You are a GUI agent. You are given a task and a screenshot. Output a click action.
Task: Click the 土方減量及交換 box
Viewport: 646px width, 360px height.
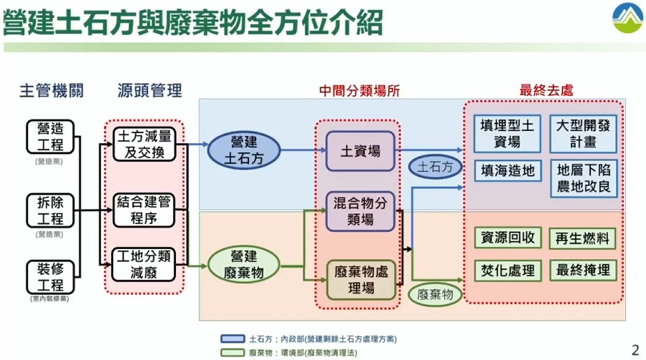pyautogui.click(x=145, y=144)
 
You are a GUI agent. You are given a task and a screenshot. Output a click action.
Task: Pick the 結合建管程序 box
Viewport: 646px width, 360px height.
pyautogui.click(x=145, y=210)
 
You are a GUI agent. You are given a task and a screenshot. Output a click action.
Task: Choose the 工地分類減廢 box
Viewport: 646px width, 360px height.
pyautogui.click(x=145, y=264)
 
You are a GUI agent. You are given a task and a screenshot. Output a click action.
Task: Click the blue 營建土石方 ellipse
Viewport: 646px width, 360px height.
pyautogui.click(x=243, y=150)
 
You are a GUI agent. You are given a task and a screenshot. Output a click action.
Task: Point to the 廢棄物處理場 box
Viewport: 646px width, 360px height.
pyautogui.click(x=360, y=279)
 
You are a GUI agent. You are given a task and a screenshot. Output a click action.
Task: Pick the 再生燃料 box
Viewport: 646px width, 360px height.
pyautogui.click(x=583, y=238)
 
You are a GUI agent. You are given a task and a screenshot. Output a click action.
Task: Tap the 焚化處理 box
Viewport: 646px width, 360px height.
pyautogui.click(x=507, y=270)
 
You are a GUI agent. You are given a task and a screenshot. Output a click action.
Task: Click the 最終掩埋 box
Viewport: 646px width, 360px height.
pyautogui.click(x=583, y=270)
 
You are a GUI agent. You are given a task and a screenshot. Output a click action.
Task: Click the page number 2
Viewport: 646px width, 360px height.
pyautogui.click(x=635, y=349)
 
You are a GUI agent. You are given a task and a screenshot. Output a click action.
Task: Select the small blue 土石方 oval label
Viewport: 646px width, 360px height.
pyautogui.click(x=436, y=167)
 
